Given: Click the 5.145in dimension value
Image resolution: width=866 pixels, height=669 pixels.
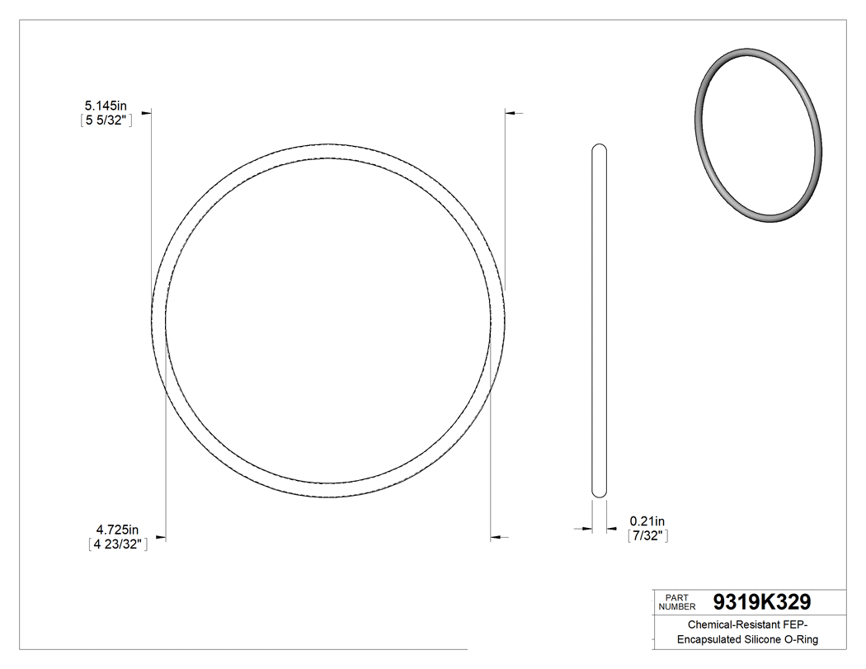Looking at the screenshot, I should (x=105, y=106).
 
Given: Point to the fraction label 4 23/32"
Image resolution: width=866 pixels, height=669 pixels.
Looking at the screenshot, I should (x=118, y=544).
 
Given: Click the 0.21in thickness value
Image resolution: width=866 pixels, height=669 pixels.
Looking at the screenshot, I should (x=647, y=521).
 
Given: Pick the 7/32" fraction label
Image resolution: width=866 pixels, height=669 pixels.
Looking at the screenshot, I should (x=647, y=536).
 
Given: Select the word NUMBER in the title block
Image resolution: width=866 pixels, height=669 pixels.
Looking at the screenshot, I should (x=677, y=606).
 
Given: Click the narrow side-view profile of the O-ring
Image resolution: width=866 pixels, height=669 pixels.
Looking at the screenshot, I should (x=600, y=322).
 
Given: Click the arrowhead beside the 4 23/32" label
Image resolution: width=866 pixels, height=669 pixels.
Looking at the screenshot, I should (x=161, y=539).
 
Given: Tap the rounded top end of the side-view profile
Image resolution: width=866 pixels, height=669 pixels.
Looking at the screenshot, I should (x=600, y=148).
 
